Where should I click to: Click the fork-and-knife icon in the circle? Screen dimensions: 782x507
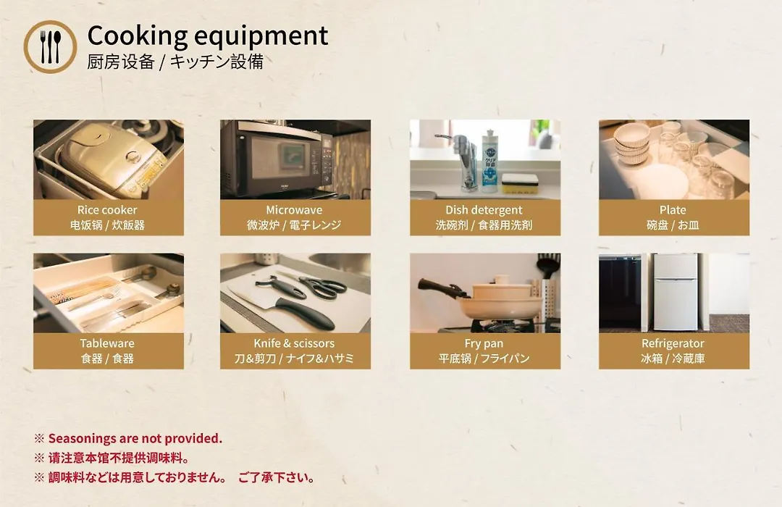(50, 47)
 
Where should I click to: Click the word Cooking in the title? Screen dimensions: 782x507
(137, 36)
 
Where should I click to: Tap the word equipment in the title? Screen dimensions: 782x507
(261, 36)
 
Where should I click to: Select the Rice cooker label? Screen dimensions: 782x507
(106, 210)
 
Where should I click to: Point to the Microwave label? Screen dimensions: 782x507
(294, 210)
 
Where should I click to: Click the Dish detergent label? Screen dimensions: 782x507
(484, 210)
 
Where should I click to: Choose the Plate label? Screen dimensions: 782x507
(673, 210)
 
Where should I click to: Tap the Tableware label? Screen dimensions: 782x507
(107, 343)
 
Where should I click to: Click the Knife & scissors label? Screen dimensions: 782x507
(294, 343)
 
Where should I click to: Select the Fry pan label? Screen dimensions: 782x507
(484, 343)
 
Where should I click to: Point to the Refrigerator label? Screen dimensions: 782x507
(673, 343)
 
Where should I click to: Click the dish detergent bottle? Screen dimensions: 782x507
(489, 162)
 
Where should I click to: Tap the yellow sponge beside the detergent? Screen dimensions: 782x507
(519, 184)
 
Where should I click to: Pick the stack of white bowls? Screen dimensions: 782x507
(632, 143)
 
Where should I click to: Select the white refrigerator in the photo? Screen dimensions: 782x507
(676, 292)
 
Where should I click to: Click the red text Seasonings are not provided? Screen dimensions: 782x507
(135, 439)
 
